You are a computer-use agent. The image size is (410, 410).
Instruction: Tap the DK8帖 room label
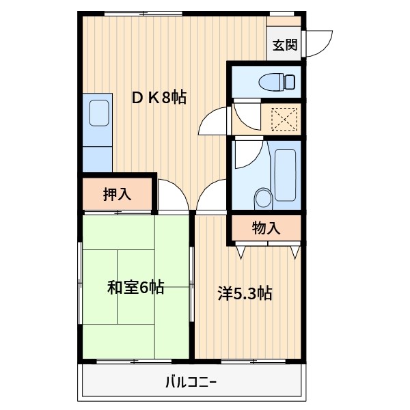coord(159,98)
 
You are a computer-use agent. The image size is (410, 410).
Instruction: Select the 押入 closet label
coord(117,195)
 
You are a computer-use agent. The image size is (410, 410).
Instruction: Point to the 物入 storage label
coord(266,228)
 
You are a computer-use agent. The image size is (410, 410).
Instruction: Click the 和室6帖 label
coord(135,288)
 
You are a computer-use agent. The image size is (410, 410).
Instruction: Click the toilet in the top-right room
coord(277,82)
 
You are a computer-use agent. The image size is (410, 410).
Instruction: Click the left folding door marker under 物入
coord(241,251)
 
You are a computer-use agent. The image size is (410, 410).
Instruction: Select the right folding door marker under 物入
coord(295,251)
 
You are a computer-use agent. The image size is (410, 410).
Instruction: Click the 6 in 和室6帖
coord(144,288)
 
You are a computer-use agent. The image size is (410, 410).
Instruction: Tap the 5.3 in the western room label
coord(245,294)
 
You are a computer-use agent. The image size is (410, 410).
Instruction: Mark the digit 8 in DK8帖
coord(166,98)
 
